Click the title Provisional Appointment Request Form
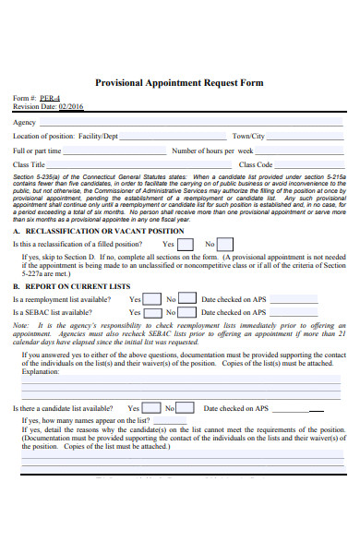click(x=179, y=82)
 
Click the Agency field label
click(x=24, y=122)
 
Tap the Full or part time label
click(x=37, y=150)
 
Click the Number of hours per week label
click(x=212, y=150)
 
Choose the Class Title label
click(x=29, y=163)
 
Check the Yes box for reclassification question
click(x=185, y=245)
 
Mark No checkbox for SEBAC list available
click(x=187, y=313)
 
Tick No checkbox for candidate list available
click(x=186, y=407)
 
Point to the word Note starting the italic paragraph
click(x=20, y=326)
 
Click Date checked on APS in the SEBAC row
click(x=233, y=313)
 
